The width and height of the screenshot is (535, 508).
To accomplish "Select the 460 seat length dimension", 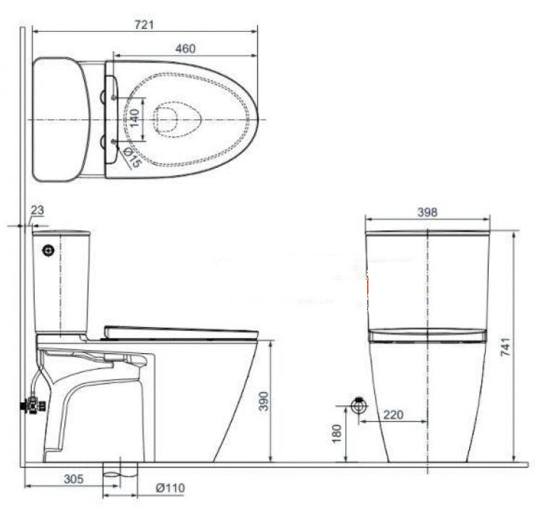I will click(185, 48).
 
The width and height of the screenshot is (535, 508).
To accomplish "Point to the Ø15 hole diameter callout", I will click(131, 157).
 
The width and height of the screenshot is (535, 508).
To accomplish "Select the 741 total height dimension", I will click(526, 347).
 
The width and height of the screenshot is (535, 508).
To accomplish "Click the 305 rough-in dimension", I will click(73, 478).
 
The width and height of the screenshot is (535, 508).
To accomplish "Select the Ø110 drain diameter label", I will click(170, 488).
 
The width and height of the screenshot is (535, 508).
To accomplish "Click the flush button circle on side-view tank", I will click(49, 250).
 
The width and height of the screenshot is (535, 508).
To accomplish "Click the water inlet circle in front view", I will click(357, 405).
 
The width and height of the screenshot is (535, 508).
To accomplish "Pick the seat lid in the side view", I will click(181, 332).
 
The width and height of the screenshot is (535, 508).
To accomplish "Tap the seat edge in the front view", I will click(427, 334).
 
